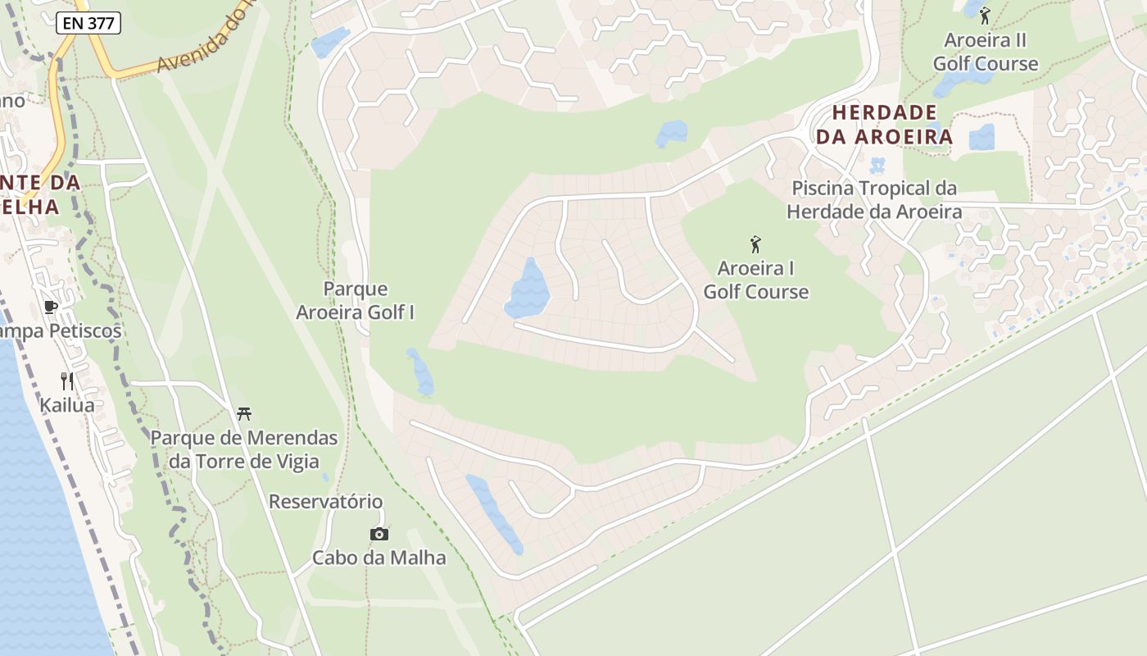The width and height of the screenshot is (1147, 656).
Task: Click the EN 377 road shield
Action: point(88,24)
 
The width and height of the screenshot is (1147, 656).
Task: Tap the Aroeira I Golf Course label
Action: point(755,280)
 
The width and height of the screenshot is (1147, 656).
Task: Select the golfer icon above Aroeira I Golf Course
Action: point(755,244)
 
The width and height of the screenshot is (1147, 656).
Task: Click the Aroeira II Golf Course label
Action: point(985,52)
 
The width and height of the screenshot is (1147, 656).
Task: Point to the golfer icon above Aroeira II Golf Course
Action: point(985,15)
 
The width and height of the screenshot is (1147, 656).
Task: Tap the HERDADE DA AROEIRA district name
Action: point(884,125)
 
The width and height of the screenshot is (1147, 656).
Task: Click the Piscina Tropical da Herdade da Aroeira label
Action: point(873,200)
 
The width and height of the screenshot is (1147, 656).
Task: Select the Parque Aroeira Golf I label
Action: point(355,300)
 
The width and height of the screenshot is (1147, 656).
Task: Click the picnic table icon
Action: point(243,413)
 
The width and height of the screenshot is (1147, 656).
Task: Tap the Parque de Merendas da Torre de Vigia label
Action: point(243,449)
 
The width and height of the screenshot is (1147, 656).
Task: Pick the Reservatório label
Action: point(325,501)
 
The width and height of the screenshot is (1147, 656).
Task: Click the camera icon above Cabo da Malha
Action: point(379,535)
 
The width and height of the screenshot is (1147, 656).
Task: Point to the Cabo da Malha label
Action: point(379,558)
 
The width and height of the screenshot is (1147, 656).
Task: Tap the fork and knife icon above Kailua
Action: point(67,381)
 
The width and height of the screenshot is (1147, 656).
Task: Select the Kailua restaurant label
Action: point(67,405)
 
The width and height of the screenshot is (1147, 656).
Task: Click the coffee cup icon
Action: point(51,307)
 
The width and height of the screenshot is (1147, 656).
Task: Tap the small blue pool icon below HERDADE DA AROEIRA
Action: point(877,165)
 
